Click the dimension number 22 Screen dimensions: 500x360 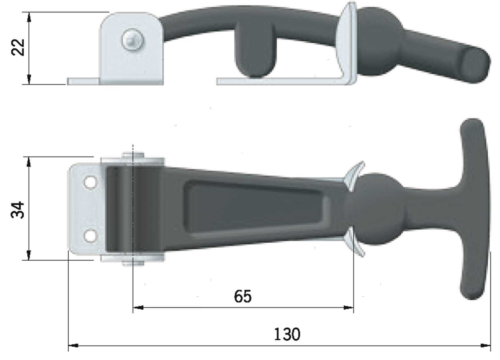18,47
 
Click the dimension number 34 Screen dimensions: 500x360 18,210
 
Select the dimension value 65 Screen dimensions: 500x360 243,296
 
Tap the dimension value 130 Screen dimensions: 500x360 287,334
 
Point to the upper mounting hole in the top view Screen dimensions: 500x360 90,182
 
